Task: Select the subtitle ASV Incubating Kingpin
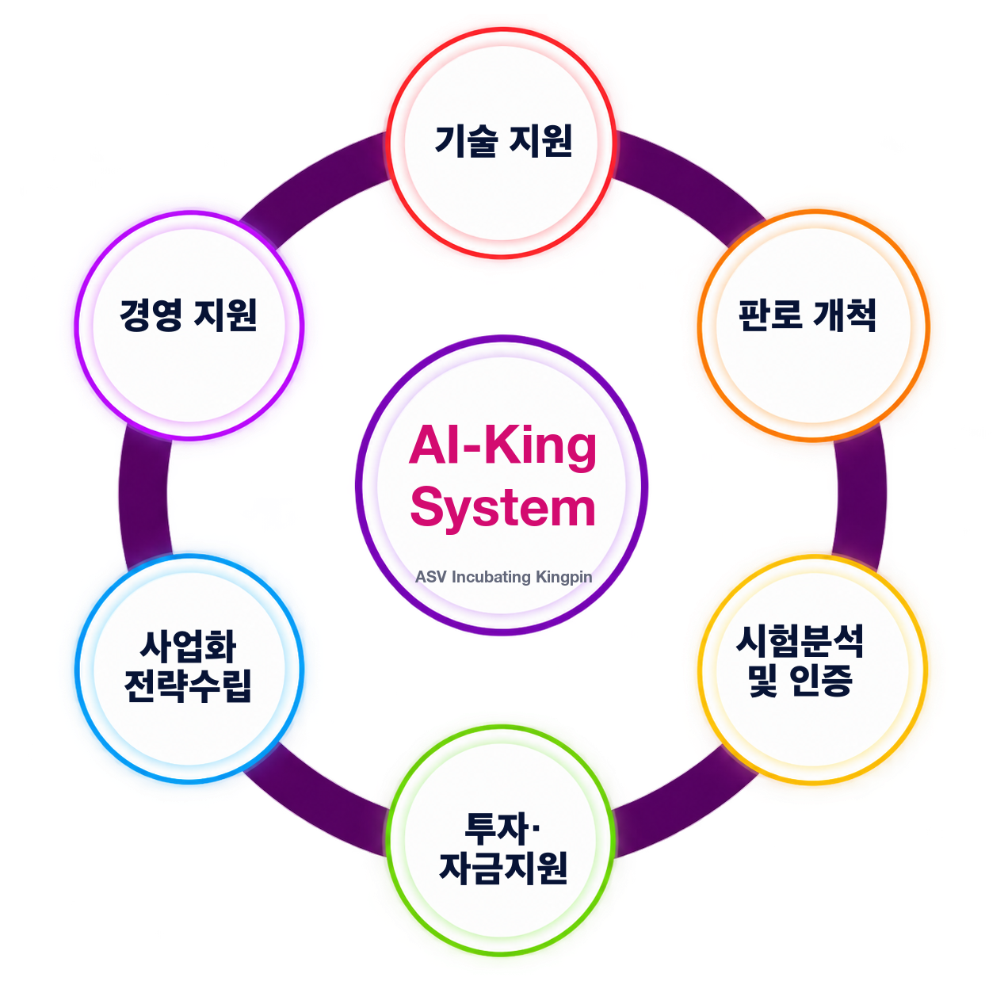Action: [503, 577]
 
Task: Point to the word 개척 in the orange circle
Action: [844, 315]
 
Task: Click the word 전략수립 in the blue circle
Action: [189, 685]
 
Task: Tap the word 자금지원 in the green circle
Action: [503, 869]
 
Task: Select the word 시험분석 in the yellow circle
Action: [800, 641]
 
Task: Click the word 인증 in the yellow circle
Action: [821, 681]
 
